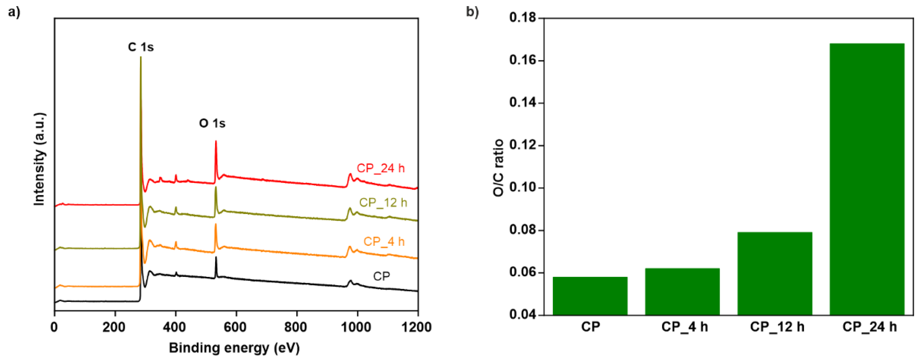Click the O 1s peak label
pos(212,123)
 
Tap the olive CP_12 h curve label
pos(383,203)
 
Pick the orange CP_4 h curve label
pos(384,241)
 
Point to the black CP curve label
pos(381,276)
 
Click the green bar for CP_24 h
pos(867,179)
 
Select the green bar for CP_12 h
pos(774,274)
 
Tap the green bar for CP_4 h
pos(682,291)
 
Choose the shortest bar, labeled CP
pos(590,296)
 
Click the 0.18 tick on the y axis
pos(523,18)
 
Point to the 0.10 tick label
pos(523,188)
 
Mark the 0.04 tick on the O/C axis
pos(523,315)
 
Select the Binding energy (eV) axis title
pos(234,348)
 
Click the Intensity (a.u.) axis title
pos(39,159)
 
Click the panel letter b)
pos(472,12)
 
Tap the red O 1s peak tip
pos(216,141)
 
